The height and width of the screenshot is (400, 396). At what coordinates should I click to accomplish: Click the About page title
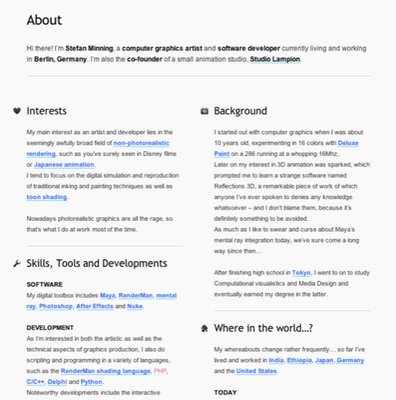click(44, 20)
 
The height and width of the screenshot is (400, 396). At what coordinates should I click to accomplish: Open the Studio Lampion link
click(275, 59)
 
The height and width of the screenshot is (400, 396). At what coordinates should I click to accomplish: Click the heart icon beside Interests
click(18, 111)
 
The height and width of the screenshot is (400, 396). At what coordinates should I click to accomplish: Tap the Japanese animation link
click(64, 164)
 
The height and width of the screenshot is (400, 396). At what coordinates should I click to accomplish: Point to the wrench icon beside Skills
click(18, 263)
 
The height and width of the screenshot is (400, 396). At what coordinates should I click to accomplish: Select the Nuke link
click(134, 306)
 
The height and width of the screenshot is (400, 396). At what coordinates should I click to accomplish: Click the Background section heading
click(240, 111)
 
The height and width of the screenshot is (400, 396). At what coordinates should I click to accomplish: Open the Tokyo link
click(302, 272)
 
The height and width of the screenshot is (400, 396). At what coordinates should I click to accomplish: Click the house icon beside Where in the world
click(205, 328)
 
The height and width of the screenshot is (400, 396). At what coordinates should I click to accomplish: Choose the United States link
click(256, 371)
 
